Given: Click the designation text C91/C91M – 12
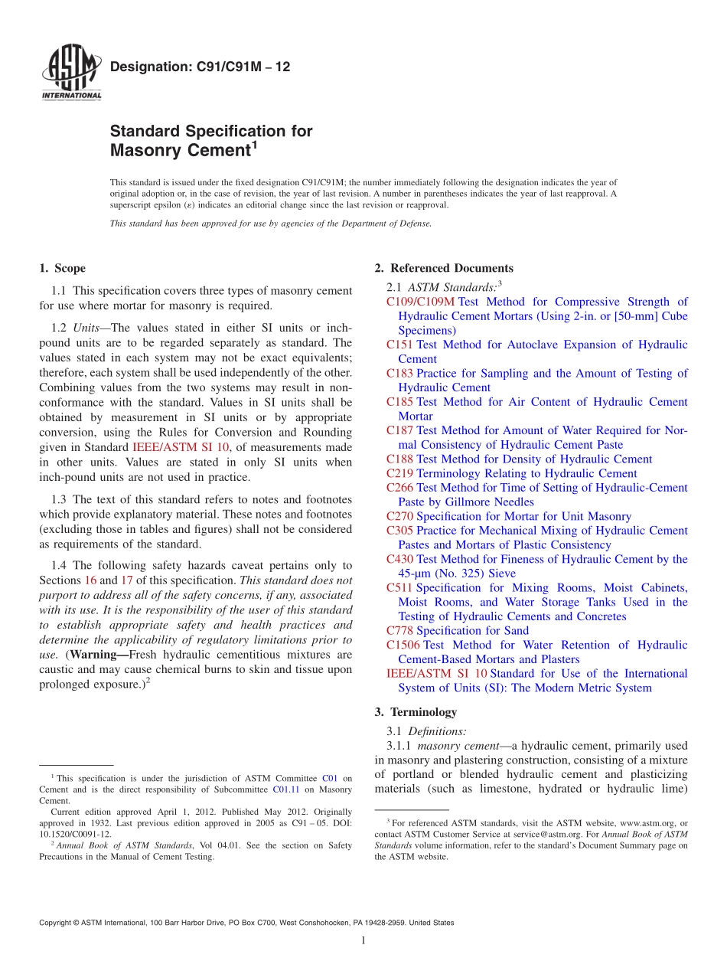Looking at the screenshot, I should point(200,67).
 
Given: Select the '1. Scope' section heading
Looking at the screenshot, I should point(62,268).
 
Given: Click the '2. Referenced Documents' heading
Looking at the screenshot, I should point(444,268).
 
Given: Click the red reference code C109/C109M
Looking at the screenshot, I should point(420,302).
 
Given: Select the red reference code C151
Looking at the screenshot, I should point(399,345).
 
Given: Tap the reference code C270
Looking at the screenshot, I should point(399,516).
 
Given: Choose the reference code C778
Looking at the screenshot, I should point(399,630).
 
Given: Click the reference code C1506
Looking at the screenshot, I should point(403,645).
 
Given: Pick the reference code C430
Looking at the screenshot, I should point(399,559).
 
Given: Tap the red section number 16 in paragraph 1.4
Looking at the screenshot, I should point(90,580).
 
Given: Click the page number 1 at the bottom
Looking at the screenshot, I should point(363,940).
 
